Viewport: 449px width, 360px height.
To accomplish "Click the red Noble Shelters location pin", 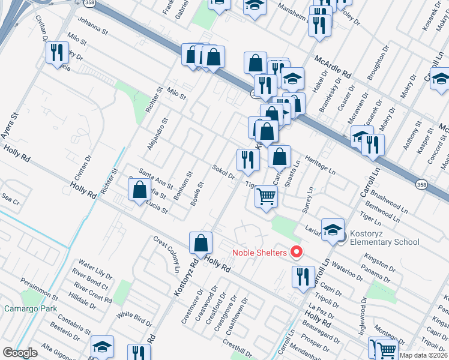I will pyautogui.click(x=295, y=252).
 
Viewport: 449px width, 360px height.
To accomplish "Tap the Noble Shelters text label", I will pyautogui.click(x=259, y=253).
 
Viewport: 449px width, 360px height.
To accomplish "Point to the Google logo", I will pyautogui.click(x=19, y=353).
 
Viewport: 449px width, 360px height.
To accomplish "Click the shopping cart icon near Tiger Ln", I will pyautogui.click(x=266, y=196).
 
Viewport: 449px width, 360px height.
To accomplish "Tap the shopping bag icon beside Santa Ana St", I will pyautogui.click(x=139, y=190).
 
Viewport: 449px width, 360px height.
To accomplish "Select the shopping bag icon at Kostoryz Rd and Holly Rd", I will pyautogui.click(x=201, y=242).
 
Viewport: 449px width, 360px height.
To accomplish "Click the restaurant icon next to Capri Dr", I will pyautogui.click(x=303, y=276).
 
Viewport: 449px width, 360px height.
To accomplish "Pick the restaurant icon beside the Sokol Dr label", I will pyautogui.click(x=247, y=159).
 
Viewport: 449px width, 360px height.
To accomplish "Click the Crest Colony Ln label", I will pyautogui.click(x=166, y=252).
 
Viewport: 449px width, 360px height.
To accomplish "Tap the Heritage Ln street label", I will pyautogui.click(x=322, y=167).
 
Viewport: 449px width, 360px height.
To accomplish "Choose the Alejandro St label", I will pyautogui.click(x=158, y=134).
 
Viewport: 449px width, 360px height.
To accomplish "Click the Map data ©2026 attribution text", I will pyautogui.click(x=423, y=355).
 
